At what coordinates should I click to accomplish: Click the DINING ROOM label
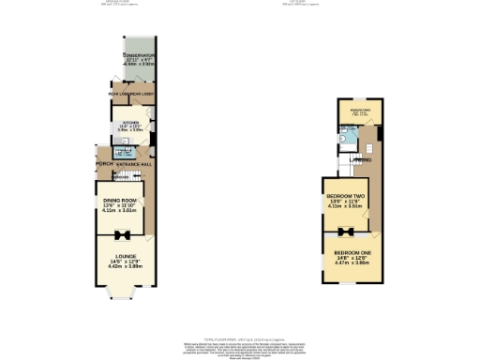pyautogui.click(x=121, y=200)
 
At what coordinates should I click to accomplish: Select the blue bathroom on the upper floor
pyautogui.click(x=348, y=141)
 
